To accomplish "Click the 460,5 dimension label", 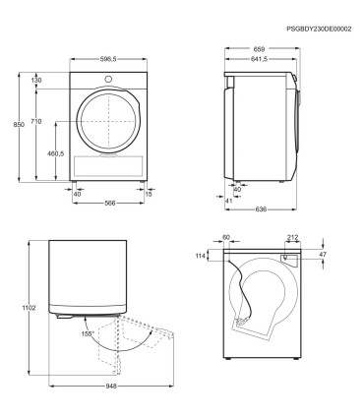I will [x=55, y=153].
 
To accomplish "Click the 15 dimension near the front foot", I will [x=149, y=194].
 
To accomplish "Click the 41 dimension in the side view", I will [x=229, y=201].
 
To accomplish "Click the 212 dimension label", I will [x=293, y=238].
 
